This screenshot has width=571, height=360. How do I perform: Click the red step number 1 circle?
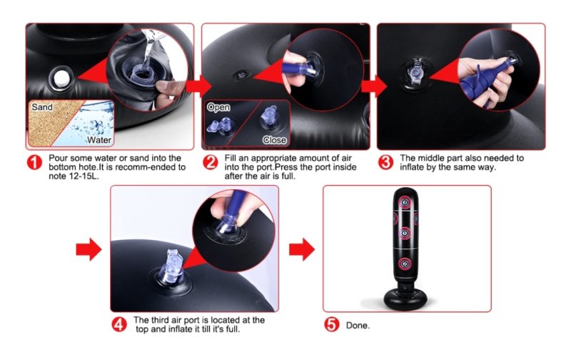(34, 162)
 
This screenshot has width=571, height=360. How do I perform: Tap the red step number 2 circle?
(210, 162)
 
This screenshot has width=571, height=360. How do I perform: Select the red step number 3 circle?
(386, 162)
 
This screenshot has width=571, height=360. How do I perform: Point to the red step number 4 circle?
(119, 324)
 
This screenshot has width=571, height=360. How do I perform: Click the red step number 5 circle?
(332, 324)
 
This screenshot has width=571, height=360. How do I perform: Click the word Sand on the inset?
(42, 107)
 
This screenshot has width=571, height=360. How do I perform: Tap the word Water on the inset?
(99, 140)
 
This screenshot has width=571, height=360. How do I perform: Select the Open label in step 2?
(218, 107)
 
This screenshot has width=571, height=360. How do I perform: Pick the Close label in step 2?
(274, 140)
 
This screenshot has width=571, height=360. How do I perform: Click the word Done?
(358, 326)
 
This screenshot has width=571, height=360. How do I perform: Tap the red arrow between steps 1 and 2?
(199, 86)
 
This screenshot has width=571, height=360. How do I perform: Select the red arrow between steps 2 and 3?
(374, 86)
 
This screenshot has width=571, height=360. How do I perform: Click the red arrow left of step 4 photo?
(89, 249)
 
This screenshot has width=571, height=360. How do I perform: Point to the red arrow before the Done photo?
(302, 249)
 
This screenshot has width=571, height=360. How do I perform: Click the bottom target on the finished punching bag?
(404, 264)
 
